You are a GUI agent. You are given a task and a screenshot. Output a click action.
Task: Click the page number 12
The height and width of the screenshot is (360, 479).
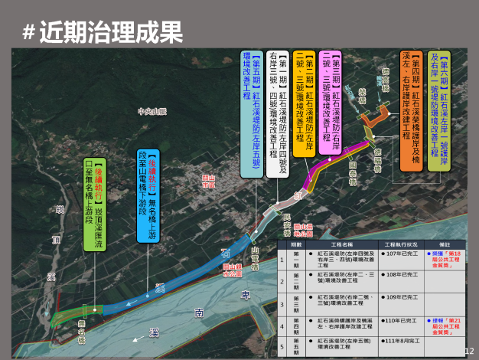click(469, 350)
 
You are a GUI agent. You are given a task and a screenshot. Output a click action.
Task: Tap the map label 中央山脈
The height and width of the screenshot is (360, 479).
click(152, 111)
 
